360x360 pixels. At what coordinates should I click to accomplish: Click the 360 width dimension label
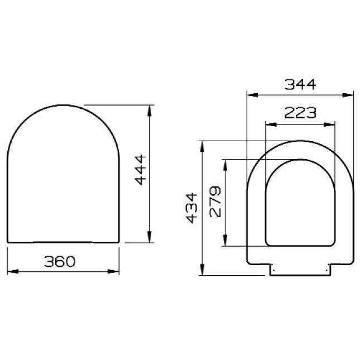tap(60, 261)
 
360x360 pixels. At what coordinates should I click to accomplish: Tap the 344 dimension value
tap(300, 84)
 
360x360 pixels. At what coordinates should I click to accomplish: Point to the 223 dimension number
tap(300, 113)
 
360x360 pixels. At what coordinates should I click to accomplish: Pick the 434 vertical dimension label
tap(191, 208)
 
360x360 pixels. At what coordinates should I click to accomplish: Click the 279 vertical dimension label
tap(216, 201)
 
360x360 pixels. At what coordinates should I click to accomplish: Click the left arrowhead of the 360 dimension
tap(10, 272)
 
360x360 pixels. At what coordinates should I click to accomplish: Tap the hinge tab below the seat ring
tap(300, 269)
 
